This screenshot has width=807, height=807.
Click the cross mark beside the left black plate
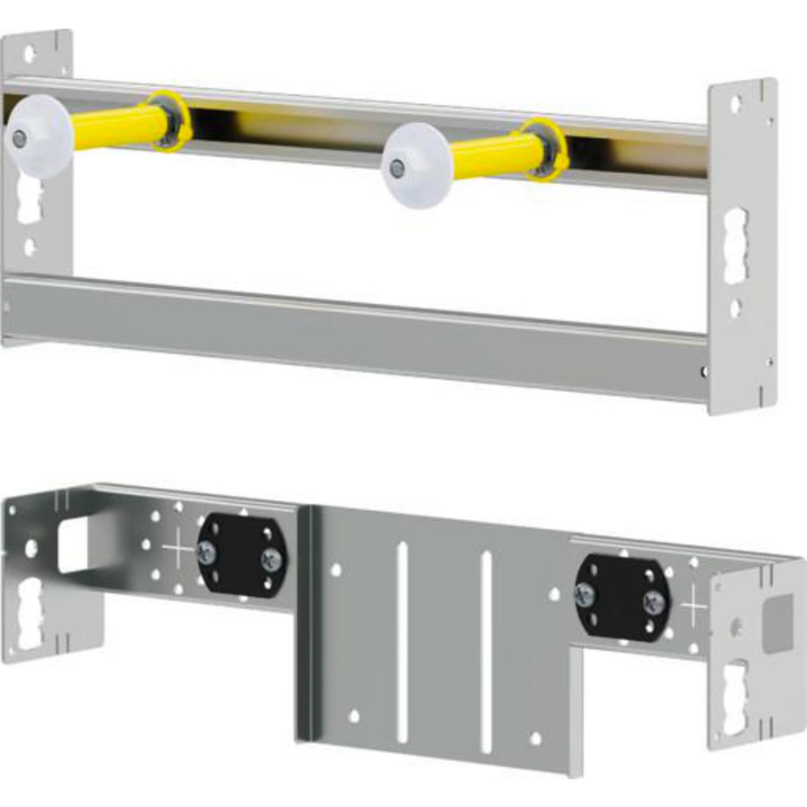pos(178,547)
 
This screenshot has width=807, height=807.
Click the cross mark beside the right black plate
pos(695,603)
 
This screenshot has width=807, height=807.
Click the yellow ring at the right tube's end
pos(547,148)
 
